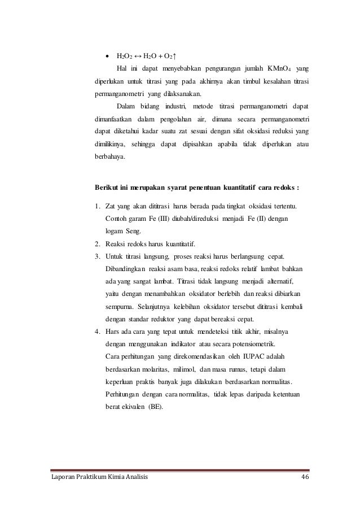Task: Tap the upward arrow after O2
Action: click(176, 56)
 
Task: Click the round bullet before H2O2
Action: click(107, 56)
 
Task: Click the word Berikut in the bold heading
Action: click(108, 188)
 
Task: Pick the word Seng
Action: click(135, 231)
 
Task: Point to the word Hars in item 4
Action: click(112, 330)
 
